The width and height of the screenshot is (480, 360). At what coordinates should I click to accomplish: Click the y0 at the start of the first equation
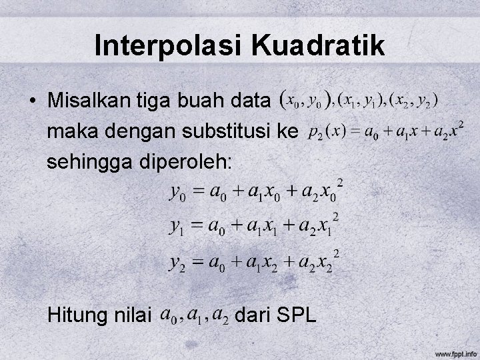click(177, 194)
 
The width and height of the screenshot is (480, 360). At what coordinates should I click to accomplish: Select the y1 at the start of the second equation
click(177, 228)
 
